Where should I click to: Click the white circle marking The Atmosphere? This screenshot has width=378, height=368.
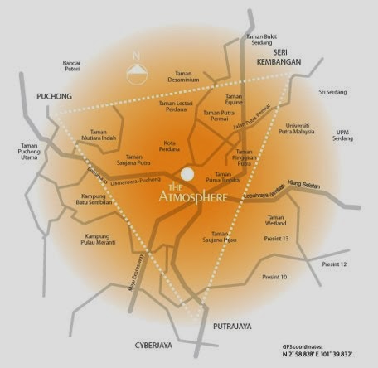coord(188,174)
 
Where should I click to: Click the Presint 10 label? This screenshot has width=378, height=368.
coord(274,277)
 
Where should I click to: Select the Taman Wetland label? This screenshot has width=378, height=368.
coord(277,221)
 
